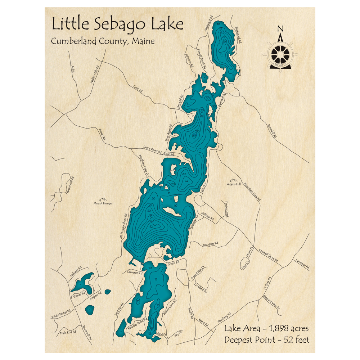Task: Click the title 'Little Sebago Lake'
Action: (117, 24)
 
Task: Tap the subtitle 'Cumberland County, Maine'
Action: (103, 41)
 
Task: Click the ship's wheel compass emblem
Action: (280, 54)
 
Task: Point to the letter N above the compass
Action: (280, 29)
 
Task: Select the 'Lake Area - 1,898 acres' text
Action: (266, 328)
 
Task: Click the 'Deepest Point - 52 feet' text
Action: (266, 339)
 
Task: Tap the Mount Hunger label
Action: (103, 203)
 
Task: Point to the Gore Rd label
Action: (138, 89)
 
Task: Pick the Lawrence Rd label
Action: (302, 265)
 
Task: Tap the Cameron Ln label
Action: (135, 273)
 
